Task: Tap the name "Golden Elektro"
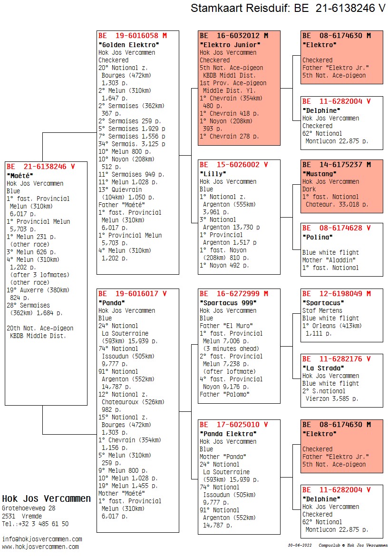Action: click(x=129, y=45)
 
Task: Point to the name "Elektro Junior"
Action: click(x=230, y=45)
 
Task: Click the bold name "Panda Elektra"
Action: click(x=228, y=434)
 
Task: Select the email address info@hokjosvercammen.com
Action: click(x=42, y=539)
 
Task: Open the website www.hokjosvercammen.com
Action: click(x=40, y=547)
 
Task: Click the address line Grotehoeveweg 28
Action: click(x=29, y=508)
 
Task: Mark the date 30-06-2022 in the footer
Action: click(x=300, y=545)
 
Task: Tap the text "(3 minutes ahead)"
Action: click(x=231, y=349)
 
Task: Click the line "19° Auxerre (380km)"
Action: click(x=38, y=290)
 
